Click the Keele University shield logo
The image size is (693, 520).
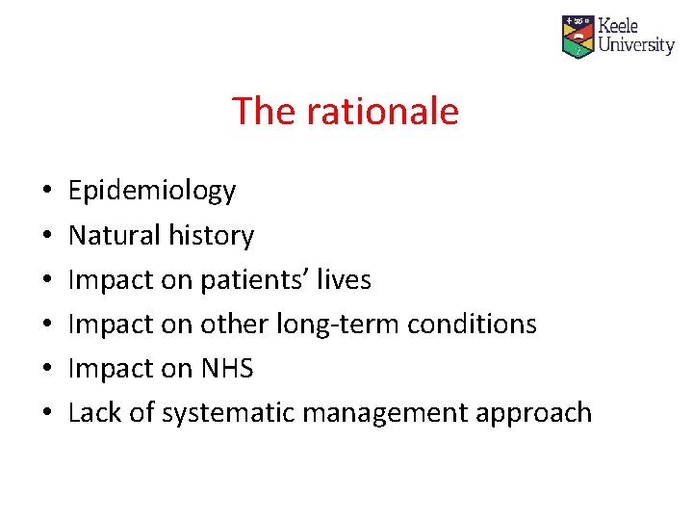tap(578, 37)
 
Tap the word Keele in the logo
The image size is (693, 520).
tap(618, 26)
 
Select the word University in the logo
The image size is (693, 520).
tap(636, 45)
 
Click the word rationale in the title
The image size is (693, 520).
tap(383, 112)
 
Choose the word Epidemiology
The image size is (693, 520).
tap(152, 192)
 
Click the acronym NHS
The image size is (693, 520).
tap(227, 369)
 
